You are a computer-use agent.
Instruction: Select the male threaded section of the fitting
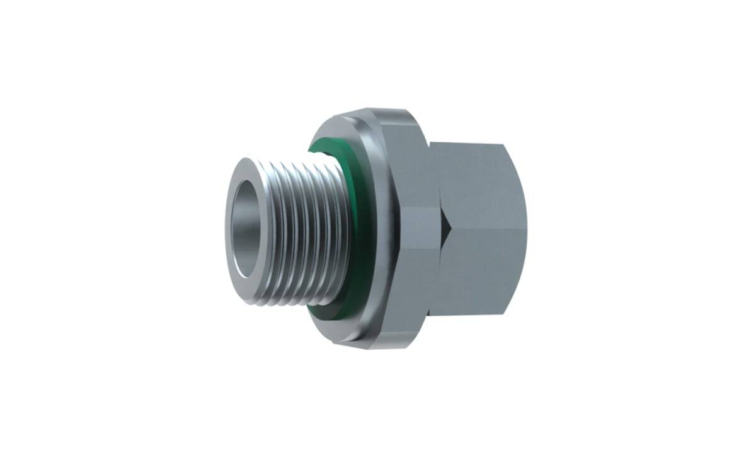tap(302, 233)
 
